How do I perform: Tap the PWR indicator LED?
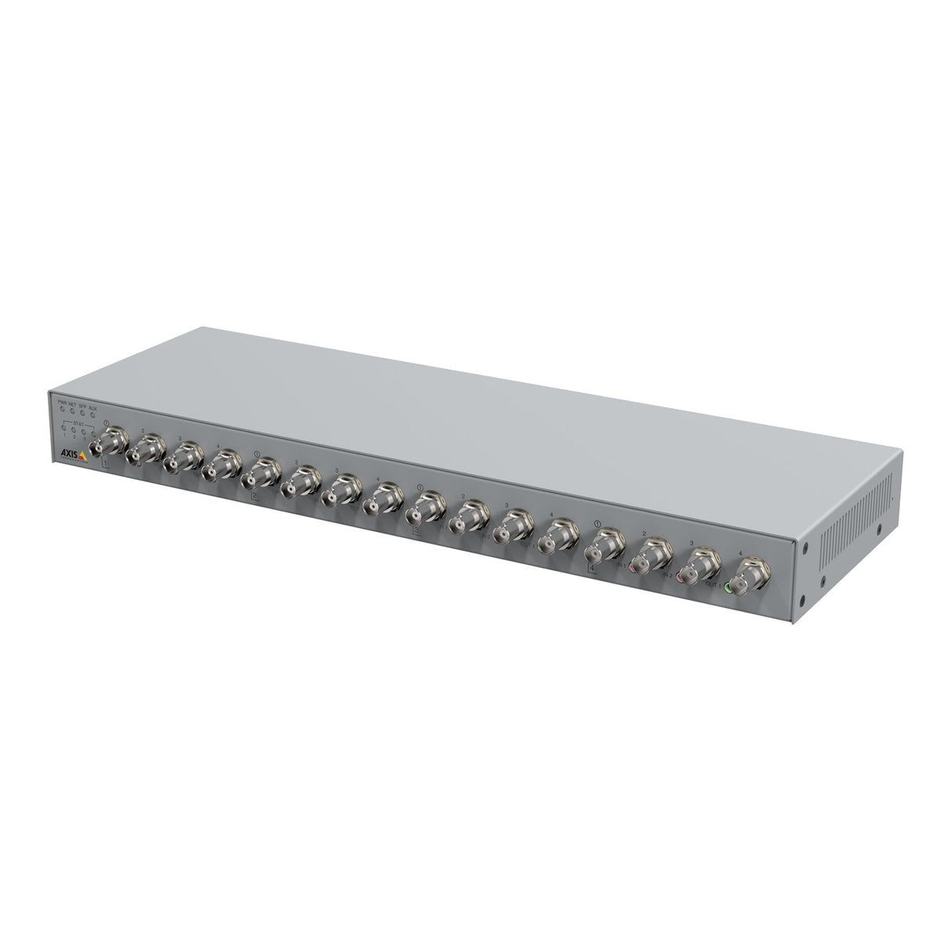click(x=63, y=410)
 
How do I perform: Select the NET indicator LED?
click(x=73, y=411)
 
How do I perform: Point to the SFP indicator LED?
click(x=83, y=413)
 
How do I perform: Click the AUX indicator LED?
click(x=93, y=414)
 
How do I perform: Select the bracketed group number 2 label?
click(x=255, y=496)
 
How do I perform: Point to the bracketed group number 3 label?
click(x=417, y=530)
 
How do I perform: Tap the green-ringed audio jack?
click(x=729, y=586)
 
